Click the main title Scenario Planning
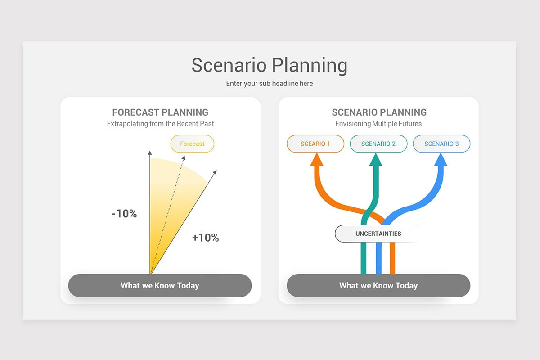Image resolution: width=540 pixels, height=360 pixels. click(x=269, y=65)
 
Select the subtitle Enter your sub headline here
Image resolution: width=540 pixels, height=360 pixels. click(x=269, y=84)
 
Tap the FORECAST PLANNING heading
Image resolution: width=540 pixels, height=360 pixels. click(x=160, y=112)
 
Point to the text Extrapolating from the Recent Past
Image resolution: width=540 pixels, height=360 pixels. click(x=160, y=124)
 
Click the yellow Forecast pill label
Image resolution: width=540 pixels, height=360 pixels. click(x=192, y=144)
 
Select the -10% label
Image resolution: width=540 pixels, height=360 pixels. click(x=124, y=214)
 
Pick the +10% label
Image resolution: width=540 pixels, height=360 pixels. click(x=205, y=238)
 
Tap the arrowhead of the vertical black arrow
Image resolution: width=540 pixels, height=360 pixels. click(x=150, y=153)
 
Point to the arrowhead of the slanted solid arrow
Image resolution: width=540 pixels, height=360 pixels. click(x=215, y=172)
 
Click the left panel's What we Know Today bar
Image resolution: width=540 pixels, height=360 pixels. click(x=160, y=285)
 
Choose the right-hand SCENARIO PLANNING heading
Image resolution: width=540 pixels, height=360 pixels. click(x=379, y=112)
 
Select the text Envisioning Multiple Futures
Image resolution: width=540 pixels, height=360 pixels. click(x=378, y=124)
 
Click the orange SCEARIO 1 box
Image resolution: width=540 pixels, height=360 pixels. click(x=315, y=144)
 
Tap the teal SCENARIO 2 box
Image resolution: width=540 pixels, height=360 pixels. click(x=378, y=144)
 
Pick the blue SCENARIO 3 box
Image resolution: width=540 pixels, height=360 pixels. click(x=441, y=144)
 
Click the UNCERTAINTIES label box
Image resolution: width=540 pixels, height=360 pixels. click(x=378, y=234)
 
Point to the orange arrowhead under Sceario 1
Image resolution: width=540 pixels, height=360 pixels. click(x=316, y=160)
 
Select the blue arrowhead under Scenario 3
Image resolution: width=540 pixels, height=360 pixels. click(x=441, y=160)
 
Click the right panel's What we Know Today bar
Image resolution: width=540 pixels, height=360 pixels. click(x=378, y=285)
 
